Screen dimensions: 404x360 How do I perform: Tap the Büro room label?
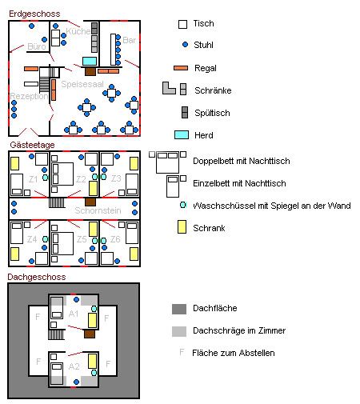pyautogui.click(x=37, y=46)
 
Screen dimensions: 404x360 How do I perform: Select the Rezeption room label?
pyautogui.click(x=28, y=96)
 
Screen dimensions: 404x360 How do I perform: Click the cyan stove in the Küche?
pyautogui.click(x=89, y=61)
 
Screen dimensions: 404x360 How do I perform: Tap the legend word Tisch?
pyautogui.click(x=204, y=24)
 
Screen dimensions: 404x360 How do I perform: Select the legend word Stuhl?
pyautogui.click(x=205, y=46)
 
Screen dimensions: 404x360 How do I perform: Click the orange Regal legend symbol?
pyautogui.click(x=182, y=68)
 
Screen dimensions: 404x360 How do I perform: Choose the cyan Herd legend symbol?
pyautogui.click(x=182, y=135)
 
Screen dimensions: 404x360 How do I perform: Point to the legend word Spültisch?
pyautogui.click(x=211, y=112)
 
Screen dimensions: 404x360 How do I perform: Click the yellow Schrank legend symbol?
pyautogui.click(x=182, y=228)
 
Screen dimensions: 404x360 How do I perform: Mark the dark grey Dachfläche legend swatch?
pyautogui.click(x=178, y=308)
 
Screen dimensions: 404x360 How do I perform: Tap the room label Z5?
pyautogui.click(x=82, y=239)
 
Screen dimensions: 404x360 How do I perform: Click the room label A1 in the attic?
pyautogui.click(x=74, y=314)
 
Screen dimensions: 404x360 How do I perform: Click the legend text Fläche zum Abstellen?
pyautogui.click(x=234, y=353)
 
